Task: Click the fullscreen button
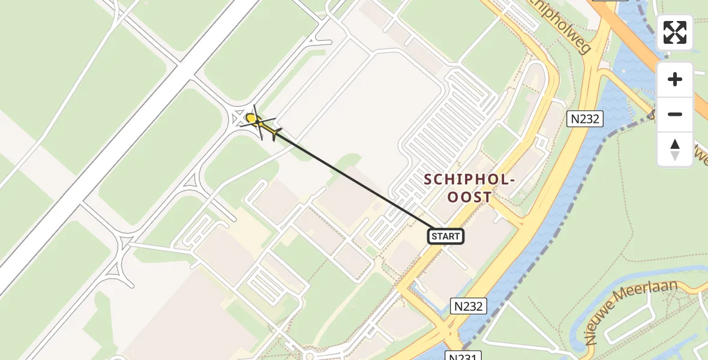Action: click(675, 32)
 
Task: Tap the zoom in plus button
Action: click(675, 80)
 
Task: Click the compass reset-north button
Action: click(675, 149)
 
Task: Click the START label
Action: click(446, 236)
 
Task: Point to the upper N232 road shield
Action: click(585, 119)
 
